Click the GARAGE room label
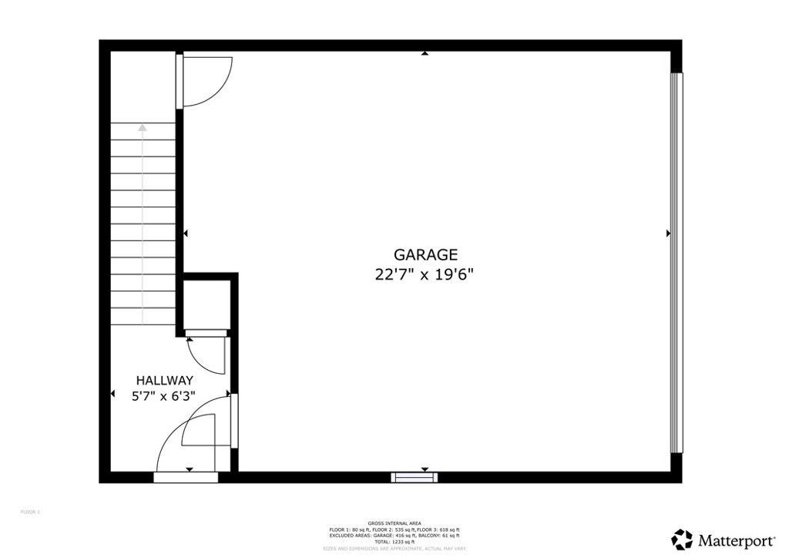pyautogui.click(x=426, y=254)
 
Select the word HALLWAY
pyautogui.click(x=164, y=380)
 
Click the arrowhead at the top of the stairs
pyautogui.click(x=142, y=129)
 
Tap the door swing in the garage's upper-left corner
pyautogui.click(x=204, y=79)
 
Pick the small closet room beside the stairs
pyautogui.click(x=206, y=304)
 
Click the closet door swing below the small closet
pyautogui.click(x=206, y=353)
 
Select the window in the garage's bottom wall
pyautogui.click(x=414, y=477)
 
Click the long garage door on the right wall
pyautogui.click(x=676, y=262)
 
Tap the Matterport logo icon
pyautogui.click(x=682, y=538)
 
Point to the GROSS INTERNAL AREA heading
pyautogui.click(x=394, y=523)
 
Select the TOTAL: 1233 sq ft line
pyautogui.click(x=394, y=542)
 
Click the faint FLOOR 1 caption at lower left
pyautogui.click(x=29, y=512)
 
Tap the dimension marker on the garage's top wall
pyautogui.click(x=425, y=54)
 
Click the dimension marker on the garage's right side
pyautogui.click(x=668, y=233)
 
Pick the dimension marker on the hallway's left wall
pyautogui.click(x=113, y=395)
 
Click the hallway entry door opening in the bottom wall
pyautogui.click(x=186, y=477)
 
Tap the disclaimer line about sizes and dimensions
pyautogui.click(x=394, y=549)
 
